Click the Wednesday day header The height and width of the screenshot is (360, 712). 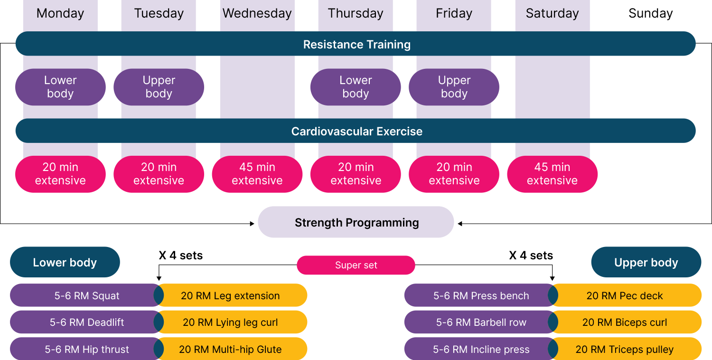(x=257, y=13)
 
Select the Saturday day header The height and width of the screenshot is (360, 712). (x=552, y=13)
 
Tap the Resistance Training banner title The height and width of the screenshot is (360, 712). (x=356, y=44)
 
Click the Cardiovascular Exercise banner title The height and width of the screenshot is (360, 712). (x=356, y=131)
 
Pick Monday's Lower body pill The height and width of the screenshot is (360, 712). (x=60, y=87)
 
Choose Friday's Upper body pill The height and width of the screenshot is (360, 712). (x=454, y=87)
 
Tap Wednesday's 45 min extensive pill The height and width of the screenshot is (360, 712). (x=257, y=174)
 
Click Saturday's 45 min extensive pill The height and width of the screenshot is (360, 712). (x=552, y=174)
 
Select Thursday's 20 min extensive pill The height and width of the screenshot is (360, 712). (x=356, y=174)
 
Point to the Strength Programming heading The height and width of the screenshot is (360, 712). (x=356, y=222)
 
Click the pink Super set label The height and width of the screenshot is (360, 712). (x=356, y=265)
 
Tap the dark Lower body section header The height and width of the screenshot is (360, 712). (x=65, y=262)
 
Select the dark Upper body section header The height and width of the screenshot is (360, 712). (x=646, y=262)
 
